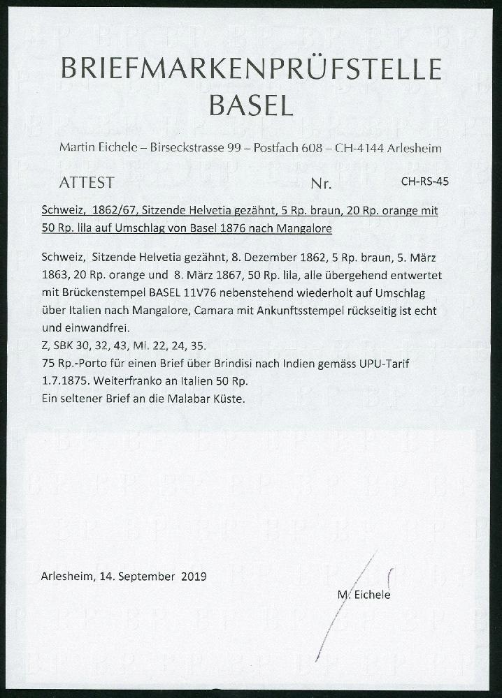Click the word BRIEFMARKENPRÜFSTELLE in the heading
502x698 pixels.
(x=251, y=71)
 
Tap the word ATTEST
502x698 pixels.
(x=87, y=183)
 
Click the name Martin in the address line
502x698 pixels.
(x=78, y=149)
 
